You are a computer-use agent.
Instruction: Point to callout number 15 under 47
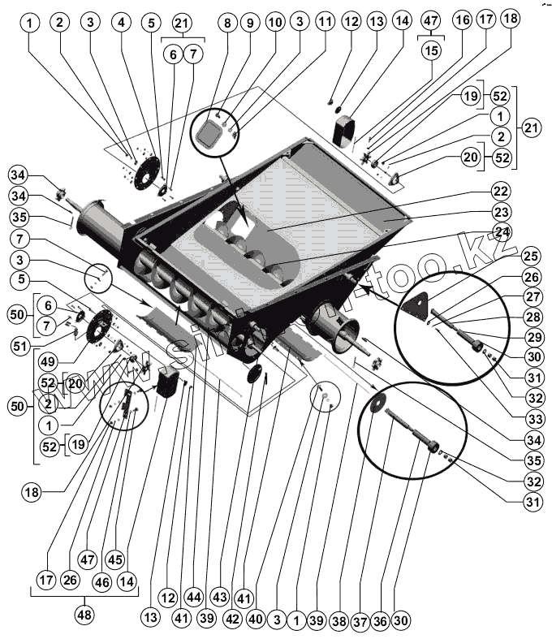430,50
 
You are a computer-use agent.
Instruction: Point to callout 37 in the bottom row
361,620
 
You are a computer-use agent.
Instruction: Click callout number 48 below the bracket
84,615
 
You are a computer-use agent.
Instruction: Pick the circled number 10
275,23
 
